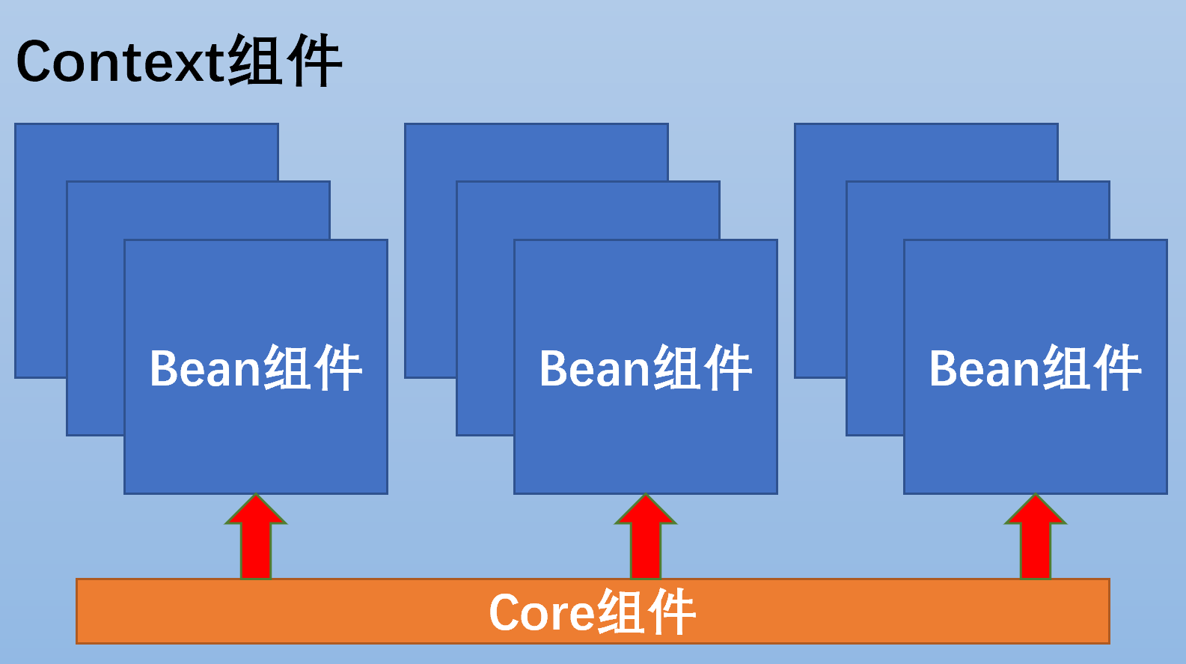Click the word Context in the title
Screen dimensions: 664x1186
[x=120, y=61]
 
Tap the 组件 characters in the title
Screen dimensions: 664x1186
[x=284, y=61]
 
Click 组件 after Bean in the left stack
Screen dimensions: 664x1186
[x=312, y=368]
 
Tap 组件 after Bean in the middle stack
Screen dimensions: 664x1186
[x=702, y=368]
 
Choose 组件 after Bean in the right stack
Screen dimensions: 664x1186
[x=1092, y=368]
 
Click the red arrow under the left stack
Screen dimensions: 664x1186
[x=256, y=539]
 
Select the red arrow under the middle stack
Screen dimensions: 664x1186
[x=646, y=539]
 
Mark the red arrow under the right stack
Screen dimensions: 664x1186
[x=1036, y=539]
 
